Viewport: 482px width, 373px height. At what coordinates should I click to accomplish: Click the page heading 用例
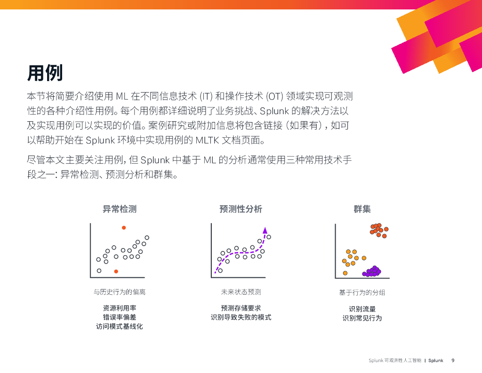pos(45,73)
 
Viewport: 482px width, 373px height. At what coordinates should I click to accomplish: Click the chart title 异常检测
pos(120,209)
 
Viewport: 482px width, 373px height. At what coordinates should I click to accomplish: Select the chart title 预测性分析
pos(241,209)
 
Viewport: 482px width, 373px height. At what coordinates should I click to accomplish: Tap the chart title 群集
pos(362,209)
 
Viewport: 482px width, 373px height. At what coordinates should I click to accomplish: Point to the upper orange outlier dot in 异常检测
pos(124,228)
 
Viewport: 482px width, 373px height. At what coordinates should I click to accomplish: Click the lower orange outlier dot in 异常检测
pos(116,271)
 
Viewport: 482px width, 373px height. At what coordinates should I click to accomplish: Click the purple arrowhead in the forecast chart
pos(265,230)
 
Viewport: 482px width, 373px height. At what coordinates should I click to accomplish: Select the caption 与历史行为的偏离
pos(120,292)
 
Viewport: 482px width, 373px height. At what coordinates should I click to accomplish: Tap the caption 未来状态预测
pos(241,292)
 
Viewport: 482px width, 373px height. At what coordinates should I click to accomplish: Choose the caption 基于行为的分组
pos(362,292)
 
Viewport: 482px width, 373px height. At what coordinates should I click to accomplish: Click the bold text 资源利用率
pos(120,308)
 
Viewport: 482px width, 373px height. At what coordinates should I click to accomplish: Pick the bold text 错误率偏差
pos(120,317)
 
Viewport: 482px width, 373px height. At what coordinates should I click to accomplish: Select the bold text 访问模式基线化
pos(120,326)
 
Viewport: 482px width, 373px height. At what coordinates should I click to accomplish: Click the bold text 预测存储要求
pos(241,308)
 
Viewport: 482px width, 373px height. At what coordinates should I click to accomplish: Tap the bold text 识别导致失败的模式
pos(241,317)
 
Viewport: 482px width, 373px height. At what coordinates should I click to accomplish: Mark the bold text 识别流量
pos(362,309)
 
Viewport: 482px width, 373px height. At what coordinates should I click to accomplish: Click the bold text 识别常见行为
pos(362,318)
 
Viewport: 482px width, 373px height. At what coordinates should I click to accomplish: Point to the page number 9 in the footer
pos(453,360)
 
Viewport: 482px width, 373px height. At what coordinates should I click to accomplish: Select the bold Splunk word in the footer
pos(436,360)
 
